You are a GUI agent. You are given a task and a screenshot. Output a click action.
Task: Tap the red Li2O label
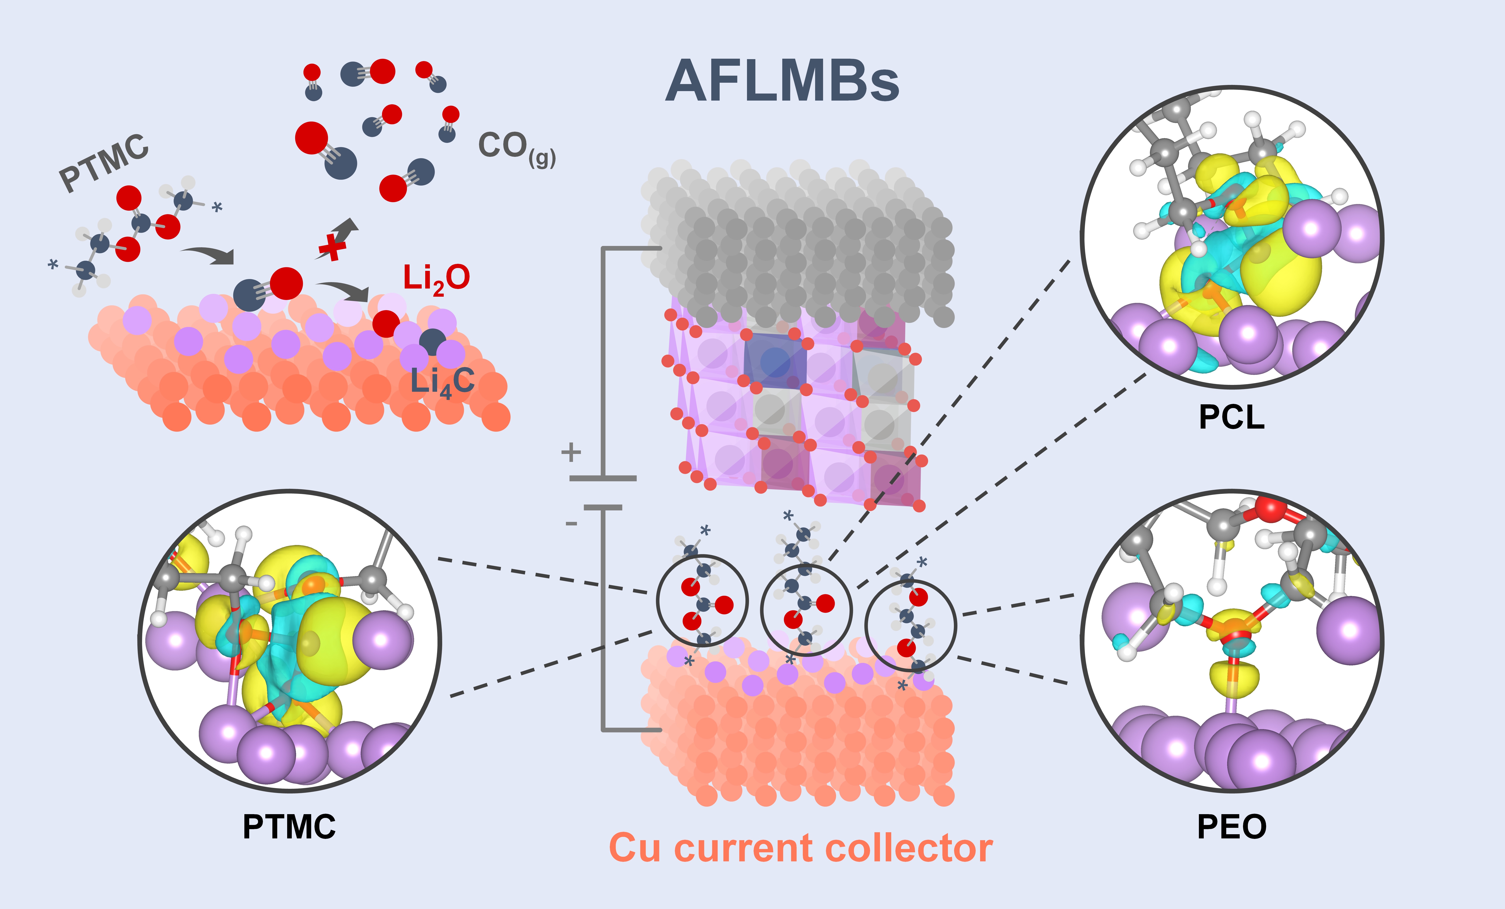click(436, 279)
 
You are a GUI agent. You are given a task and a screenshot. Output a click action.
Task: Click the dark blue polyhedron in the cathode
click(775, 360)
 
